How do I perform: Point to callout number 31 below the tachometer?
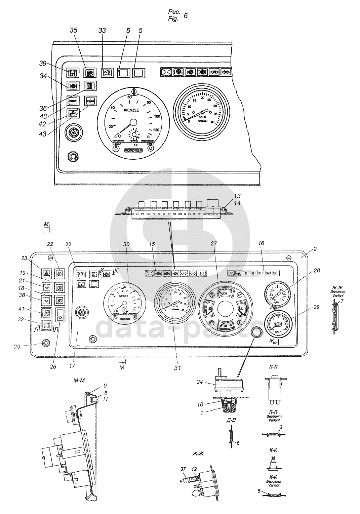tap(177, 368)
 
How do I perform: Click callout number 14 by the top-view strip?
tap(237, 202)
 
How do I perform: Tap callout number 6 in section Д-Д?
tap(238, 443)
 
